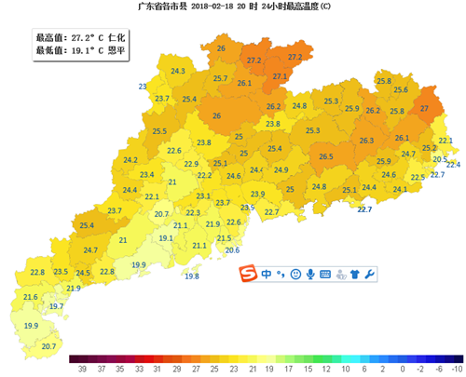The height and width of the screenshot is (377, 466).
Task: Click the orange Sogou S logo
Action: (x=248, y=275)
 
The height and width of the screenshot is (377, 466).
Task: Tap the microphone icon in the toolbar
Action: (x=309, y=275)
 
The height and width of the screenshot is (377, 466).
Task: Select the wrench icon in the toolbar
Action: (x=370, y=275)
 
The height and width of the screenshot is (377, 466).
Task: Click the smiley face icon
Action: (x=295, y=275)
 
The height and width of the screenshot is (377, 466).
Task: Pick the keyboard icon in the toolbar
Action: (x=324, y=275)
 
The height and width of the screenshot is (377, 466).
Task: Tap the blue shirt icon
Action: (x=354, y=275)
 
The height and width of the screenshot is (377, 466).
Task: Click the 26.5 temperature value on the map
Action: (x=326, y=157)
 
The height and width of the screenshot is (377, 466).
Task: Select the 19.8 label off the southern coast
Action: (x=192, y=276)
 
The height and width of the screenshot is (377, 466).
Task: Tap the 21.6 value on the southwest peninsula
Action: (x=30, y=297)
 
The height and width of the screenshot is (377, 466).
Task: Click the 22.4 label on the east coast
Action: (x=453, y=164)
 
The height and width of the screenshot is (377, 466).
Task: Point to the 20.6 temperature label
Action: (x=232, y=249)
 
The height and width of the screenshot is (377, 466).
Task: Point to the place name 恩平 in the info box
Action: (x=118, y=51)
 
